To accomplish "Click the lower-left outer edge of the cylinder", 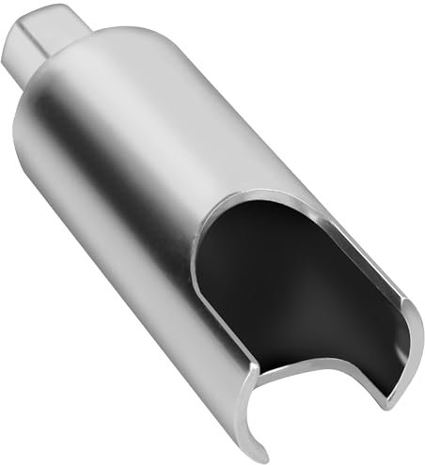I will pos(141,310).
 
